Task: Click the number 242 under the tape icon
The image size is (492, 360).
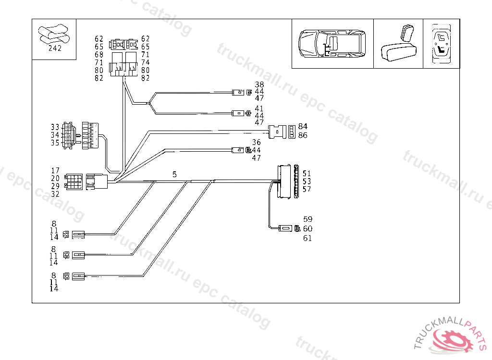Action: [x=55, y=48]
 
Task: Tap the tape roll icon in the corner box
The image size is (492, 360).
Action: [x=54, y=34]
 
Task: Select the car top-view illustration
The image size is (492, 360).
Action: [x=332, y=44]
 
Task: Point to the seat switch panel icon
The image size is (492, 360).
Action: [x=441, y=44]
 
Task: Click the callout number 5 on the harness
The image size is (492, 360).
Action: [x=174, y=175]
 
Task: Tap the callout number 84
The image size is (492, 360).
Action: [x=303, y=127]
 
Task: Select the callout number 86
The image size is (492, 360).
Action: [x=303, y=135]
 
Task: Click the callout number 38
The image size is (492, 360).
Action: [x=259, y=85]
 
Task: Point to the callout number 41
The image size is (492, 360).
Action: [x=259, y=108]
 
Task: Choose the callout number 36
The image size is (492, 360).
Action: [x=257, y=143]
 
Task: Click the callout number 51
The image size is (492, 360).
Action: [x=307, y=173]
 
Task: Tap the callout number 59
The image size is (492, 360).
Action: [x=307, y=220]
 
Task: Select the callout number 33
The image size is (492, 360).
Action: [x=55, y=127]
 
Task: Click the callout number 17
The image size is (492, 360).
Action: [x=55, y=171]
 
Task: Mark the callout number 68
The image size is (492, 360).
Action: [x=99, y=55]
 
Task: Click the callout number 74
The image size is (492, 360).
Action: [x=145, y=62]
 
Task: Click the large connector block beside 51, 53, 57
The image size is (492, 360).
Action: [x=285, y=181]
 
